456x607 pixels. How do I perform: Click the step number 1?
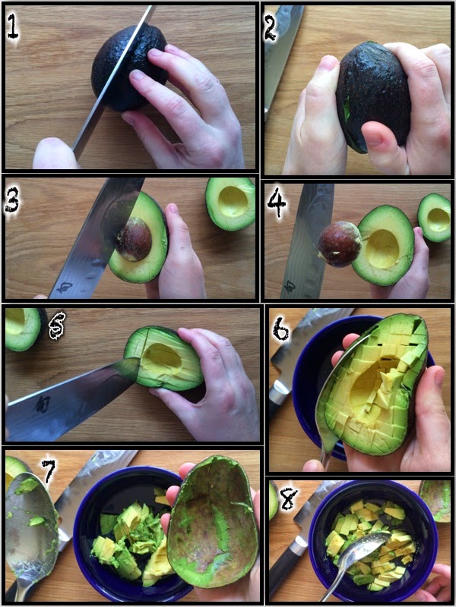pos(13,26)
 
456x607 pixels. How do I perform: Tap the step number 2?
pos(271,28)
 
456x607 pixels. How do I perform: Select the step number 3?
pos(12,200)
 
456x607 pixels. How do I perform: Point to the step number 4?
pos(277,203)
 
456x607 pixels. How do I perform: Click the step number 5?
pos(58,326)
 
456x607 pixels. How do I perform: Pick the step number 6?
pos(281,329)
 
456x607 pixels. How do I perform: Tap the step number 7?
pos(49,471)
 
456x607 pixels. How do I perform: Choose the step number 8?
pos(289,498)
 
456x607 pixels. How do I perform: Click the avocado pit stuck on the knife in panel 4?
pos(339,244)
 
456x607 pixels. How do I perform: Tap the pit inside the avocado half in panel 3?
pos(134,239)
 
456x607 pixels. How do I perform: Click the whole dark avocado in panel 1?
pos(128,68)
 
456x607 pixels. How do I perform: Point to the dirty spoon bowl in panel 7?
pos(31,527)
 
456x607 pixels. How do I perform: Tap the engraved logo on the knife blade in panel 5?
pos(41,404)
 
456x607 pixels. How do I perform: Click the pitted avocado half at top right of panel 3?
pos(230,203)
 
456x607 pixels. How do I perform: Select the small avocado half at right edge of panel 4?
pos(434,217)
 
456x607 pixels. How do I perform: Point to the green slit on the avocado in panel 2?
pos(347,108)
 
